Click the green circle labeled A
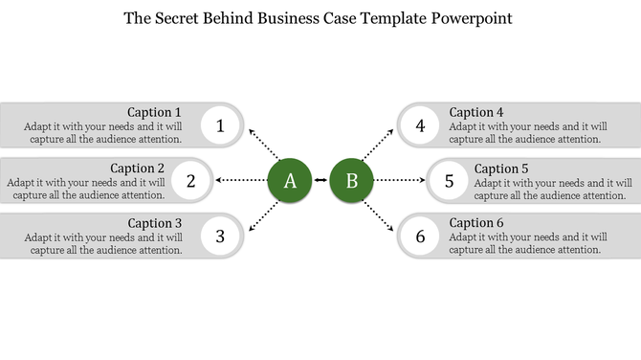point(290,180)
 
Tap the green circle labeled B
point(351,180)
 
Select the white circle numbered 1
point(221,125)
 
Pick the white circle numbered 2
point(191,180)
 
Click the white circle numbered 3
point(221,235)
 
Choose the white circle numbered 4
point(420,125)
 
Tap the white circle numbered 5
point(449,180)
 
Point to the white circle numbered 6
point(420,235)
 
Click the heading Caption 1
point(154,112)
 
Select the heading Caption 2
point(138,168)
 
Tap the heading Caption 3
point(154,223)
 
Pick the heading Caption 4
point(483,112)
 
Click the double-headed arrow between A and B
point(320,180)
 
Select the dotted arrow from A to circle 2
point(240,180)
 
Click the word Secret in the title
point(184,18)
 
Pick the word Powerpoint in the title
point(472,18)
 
